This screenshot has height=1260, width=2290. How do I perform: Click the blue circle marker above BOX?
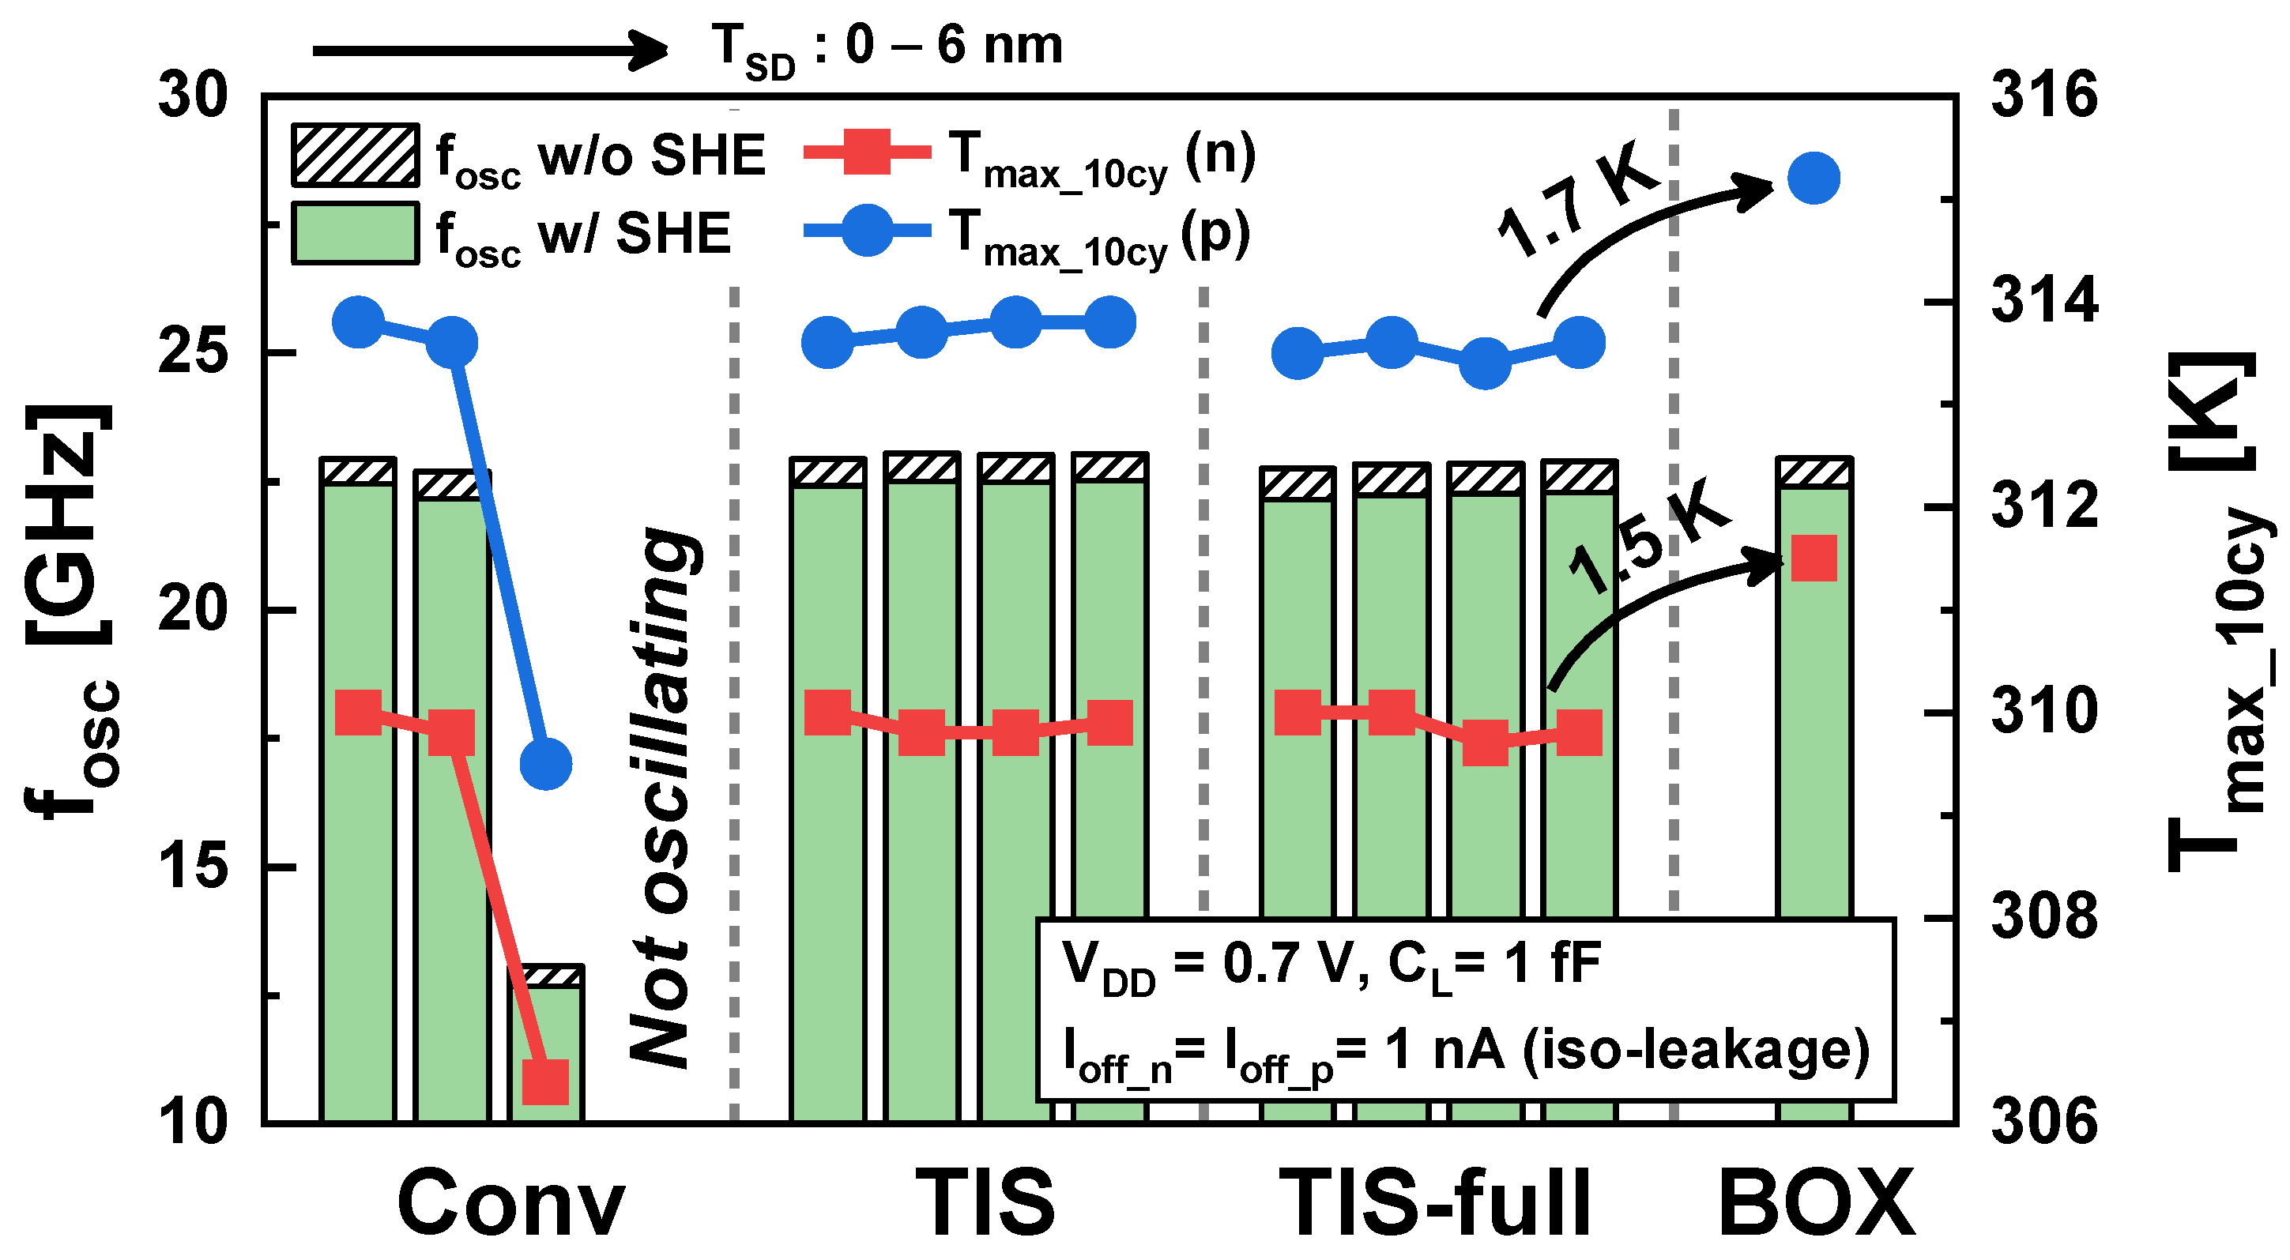1814,179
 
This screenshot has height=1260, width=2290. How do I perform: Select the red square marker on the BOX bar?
1814,558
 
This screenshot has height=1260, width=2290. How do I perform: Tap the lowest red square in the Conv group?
545,1081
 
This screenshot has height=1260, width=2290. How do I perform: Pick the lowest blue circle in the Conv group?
545,763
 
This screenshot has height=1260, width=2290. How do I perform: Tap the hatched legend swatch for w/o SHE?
355,156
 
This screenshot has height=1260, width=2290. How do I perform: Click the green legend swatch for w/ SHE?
355,234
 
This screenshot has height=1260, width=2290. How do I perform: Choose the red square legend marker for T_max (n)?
867,152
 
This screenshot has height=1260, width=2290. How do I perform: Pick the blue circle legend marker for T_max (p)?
867,230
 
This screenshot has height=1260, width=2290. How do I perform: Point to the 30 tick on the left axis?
192,95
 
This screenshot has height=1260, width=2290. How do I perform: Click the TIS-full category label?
1434,1203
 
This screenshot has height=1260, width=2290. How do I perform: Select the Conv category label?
511,1203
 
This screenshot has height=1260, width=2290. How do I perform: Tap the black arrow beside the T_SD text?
489,50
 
